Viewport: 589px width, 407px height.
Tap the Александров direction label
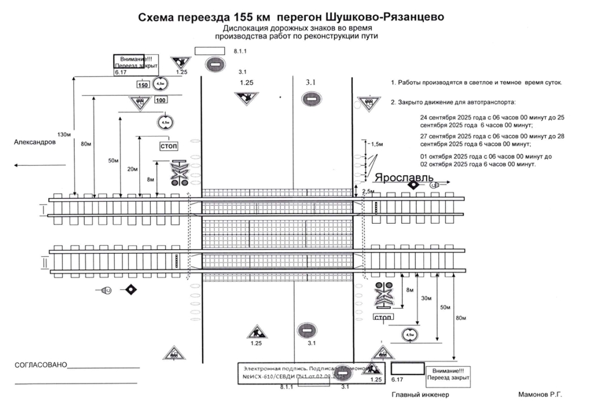(35, 143)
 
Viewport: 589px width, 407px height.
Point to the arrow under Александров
(36, 166)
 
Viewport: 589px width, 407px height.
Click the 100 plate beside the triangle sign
(161, 100)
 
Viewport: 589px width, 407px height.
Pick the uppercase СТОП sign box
(168, 145)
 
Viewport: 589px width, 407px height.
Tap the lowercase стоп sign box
(383, 317)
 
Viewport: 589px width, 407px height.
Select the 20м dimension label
(133, 170)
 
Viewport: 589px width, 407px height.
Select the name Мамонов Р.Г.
(540, 394)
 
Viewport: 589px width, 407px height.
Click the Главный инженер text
(420, 394)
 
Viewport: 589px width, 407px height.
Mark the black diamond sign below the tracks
(130, 290)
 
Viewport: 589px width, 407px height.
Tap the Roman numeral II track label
(44, 259)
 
